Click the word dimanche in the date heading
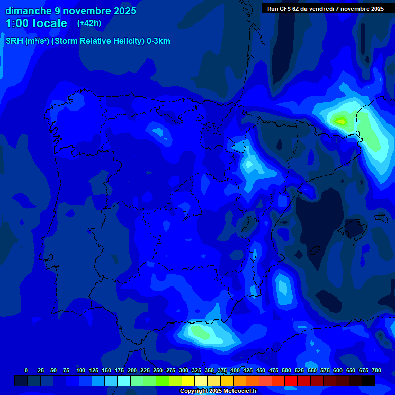coord(29,11)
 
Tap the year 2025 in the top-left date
coord(122,11)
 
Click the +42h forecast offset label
coord(89,23)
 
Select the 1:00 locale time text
coord(36,23)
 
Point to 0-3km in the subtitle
coord(158,41)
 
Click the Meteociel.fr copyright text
coord(218,391)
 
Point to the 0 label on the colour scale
coord(26,371)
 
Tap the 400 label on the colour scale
coord(235,371)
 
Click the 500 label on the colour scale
coord(286,371)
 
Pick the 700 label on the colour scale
coord(376,371)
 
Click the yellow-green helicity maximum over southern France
coord(340,121)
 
